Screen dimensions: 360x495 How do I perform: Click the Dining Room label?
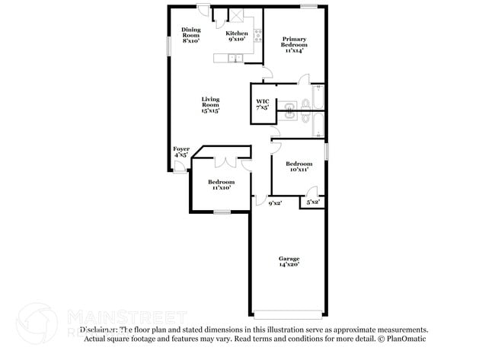190,35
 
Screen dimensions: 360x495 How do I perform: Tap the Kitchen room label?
237,37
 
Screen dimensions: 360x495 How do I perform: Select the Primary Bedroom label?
293,45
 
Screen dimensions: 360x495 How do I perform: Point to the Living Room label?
210,104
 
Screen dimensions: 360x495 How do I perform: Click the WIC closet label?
262,104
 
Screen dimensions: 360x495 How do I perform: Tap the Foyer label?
181,151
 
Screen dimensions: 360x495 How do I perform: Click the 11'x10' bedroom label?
222,185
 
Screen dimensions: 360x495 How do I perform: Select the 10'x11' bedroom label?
299,167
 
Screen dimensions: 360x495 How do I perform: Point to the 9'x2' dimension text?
274,203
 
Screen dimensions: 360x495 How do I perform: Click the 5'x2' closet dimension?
312,202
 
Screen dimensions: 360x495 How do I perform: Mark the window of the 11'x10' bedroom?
222,212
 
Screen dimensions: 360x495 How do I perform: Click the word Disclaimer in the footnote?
98,330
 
